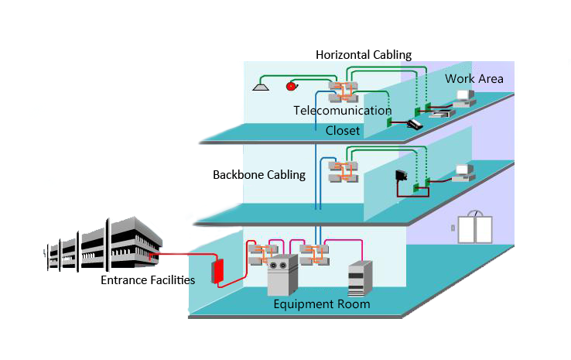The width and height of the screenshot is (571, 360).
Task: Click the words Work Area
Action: pyautogui.click(x=474, y=79)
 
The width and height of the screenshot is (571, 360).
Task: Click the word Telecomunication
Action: pyautogui.click(x=343, y=111)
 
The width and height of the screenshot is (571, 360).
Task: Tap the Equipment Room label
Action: pyautogui.click(x=322, y=304)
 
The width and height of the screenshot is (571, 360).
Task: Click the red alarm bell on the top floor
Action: pyautogui.click(x=292, y=86)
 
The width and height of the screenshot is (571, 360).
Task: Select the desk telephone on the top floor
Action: pyautogui.click(x=415, y=123)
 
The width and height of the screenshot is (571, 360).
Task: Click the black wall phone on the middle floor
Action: pyautogui.click(x=401, y=176)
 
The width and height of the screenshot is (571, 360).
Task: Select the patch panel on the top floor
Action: pyautogui.click(x=341, y=91)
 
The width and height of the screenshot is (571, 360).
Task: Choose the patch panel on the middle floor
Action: pyautogui.click(x=341, y=172)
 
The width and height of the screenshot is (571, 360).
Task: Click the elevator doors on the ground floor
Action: pyautogui.click(x=474, y=228)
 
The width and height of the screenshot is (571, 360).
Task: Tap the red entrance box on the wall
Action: pyautogui.click(x=218, y=270)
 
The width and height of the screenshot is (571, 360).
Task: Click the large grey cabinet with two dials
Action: pyautogui.click(x=282, y=276)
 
